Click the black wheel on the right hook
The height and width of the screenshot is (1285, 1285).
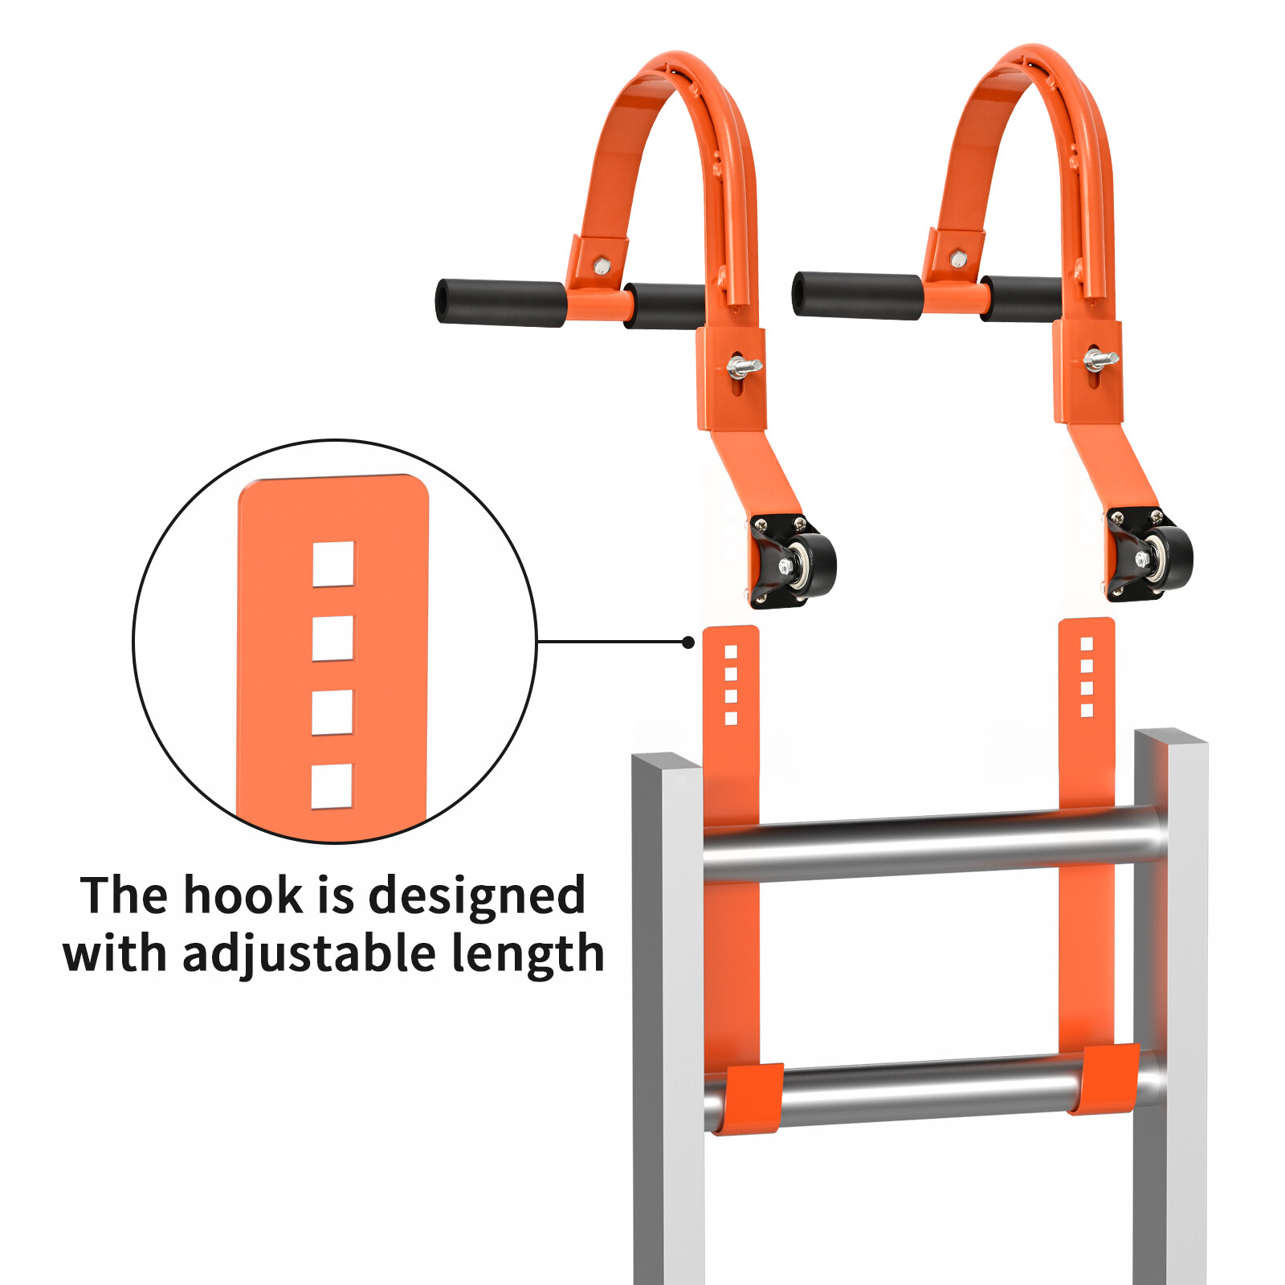1169,555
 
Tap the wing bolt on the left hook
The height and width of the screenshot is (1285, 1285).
743,368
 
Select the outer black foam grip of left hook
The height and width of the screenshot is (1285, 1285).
500,302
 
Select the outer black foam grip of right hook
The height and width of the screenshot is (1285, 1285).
857,295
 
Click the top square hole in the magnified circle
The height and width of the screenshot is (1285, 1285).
333,564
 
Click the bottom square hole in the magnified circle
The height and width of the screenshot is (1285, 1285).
332,785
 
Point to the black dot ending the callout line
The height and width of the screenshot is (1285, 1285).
688,642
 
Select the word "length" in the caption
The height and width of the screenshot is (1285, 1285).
527,954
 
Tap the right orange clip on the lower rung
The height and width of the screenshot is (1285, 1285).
1109,1079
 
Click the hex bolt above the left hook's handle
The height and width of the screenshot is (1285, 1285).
602,266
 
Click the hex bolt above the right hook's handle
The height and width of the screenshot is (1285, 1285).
958,259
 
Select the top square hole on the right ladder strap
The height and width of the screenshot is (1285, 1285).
1087,643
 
